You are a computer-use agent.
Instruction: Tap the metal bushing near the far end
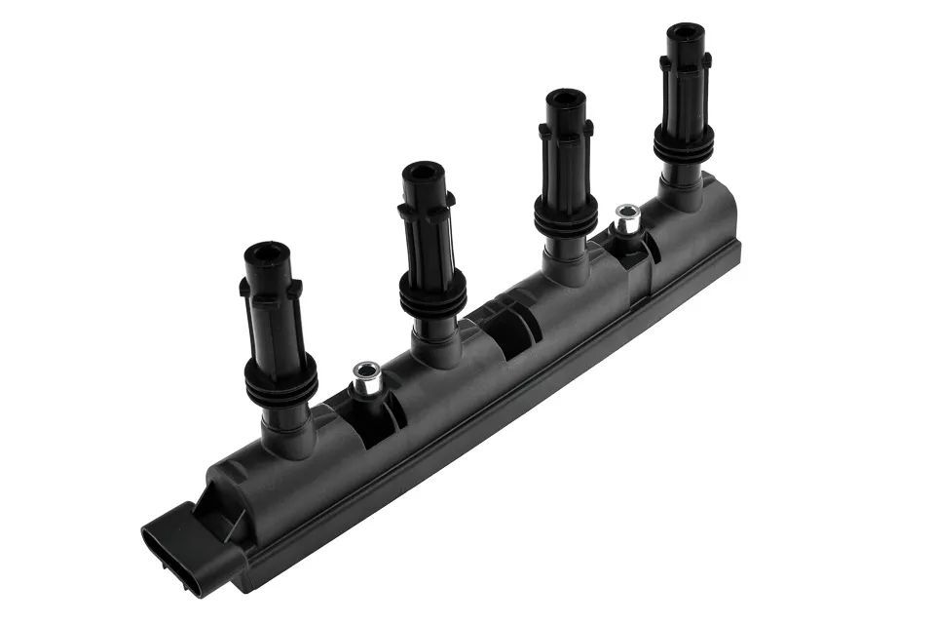coord(627,218)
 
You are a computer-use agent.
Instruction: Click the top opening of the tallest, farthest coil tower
coord(687,32)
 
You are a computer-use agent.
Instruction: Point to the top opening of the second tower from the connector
coord(424,173)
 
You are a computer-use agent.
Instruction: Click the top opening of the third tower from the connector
coord(565,99)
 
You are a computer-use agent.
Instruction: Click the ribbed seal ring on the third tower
coord(566,215)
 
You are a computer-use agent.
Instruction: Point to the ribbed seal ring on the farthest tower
coord(684,147)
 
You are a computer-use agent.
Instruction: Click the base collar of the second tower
coord(435,341)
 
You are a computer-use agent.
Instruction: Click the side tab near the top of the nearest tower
coord(243,288)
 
